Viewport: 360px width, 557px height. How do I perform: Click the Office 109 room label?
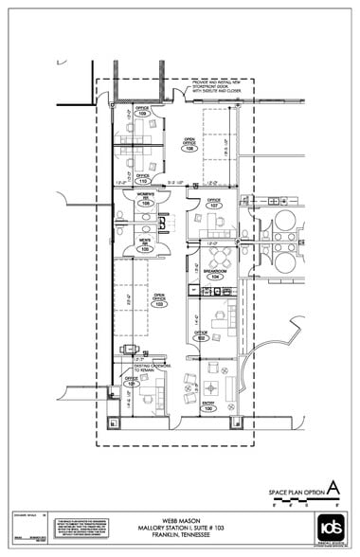coord(142,111)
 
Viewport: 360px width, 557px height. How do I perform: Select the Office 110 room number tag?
coord(143,178)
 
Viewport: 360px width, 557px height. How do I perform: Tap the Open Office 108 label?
coord(189,146)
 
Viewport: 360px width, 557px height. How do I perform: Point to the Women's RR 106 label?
coord(145,201)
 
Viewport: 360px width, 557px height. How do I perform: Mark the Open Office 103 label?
coord(160,301)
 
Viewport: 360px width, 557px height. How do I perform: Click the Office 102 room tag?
coord(201,335)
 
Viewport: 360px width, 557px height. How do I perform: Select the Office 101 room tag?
coord(132,382)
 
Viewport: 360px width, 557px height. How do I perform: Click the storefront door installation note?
coord(216,87)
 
